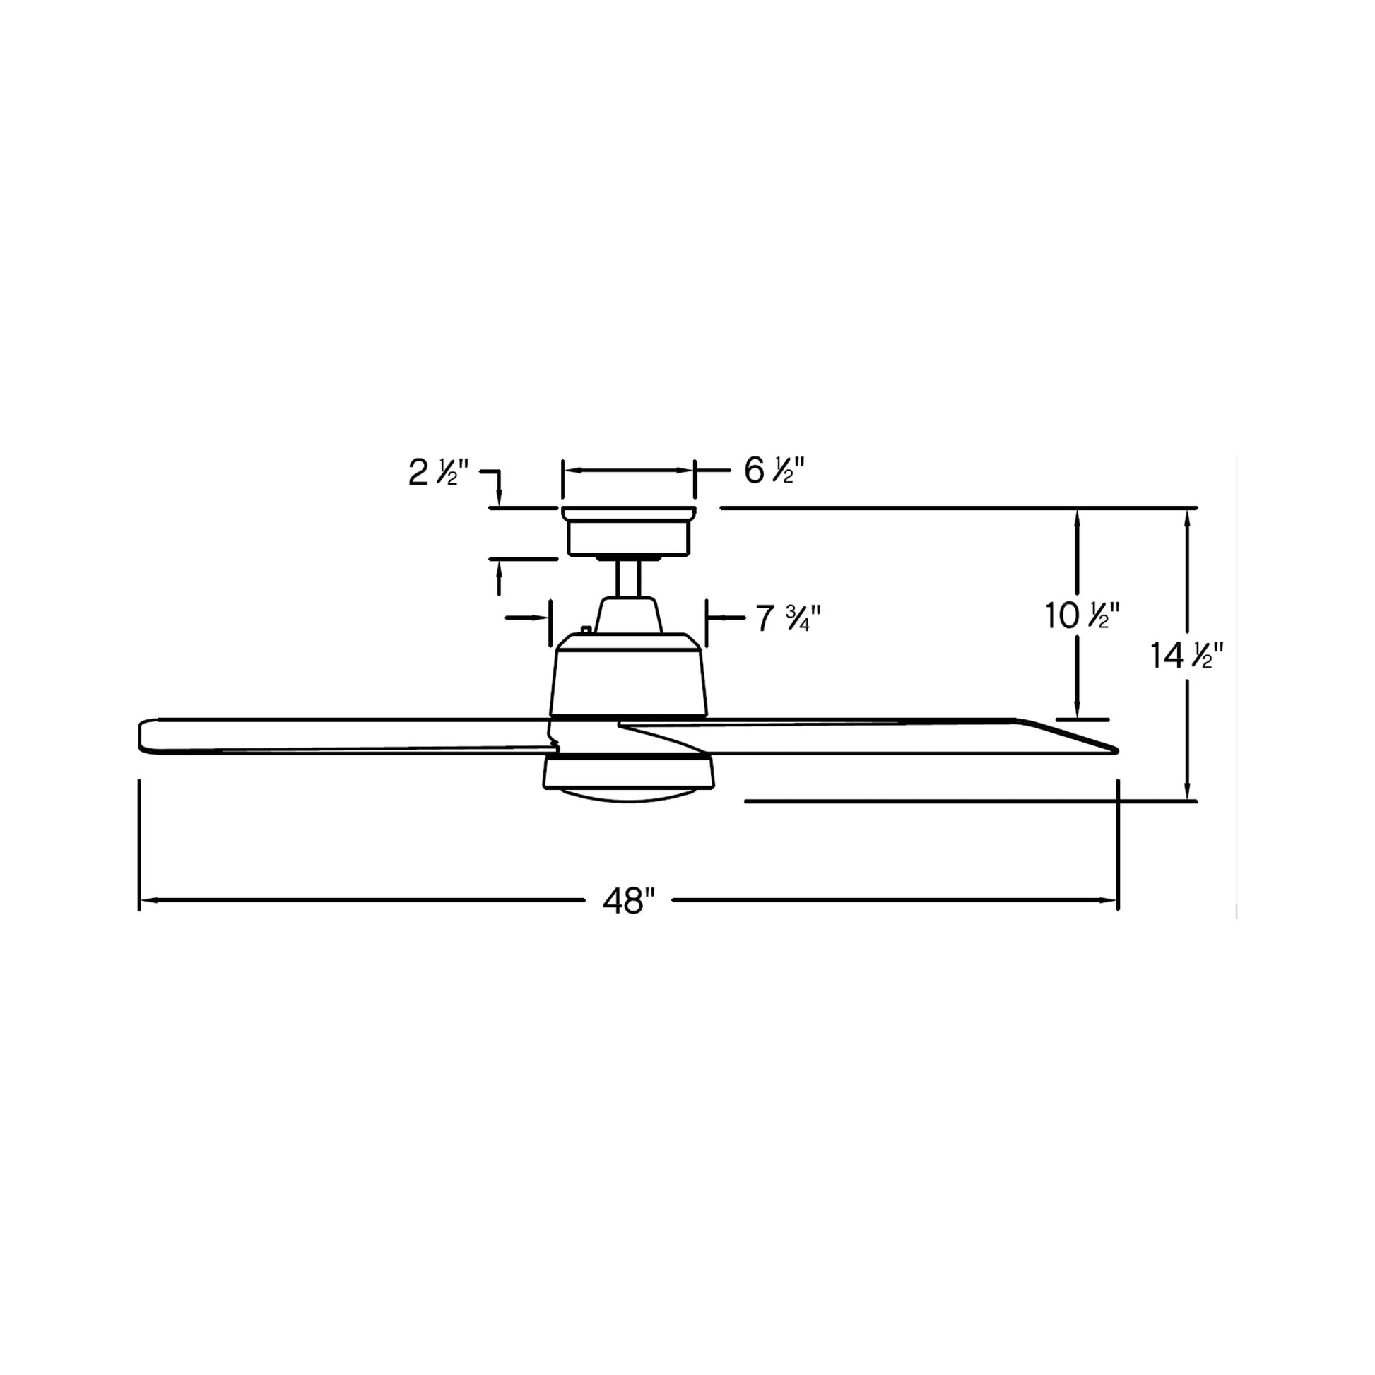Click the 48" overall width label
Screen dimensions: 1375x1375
(x=628, y=901)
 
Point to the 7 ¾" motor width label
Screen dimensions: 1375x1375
(x=788, y=618)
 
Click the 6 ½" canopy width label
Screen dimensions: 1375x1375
(x=774, y=471)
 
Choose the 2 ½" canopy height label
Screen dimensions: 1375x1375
(x=438, y=473)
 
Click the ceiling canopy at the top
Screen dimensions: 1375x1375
(x=628, y=531)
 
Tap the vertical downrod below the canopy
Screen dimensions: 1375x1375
(x=628, y=579)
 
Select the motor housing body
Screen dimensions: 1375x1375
(x=628, y=676)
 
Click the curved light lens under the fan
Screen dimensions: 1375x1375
(x=627, y=794)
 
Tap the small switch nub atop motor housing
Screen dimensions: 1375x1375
(x=586, y=629)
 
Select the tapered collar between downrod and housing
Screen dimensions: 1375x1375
(x=628, y=615)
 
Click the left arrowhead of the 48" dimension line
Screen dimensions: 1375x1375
(x=145, y=901)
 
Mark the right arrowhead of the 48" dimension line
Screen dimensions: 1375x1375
(x=1111, y=901)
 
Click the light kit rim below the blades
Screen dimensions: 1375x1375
(x=628, y=773)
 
